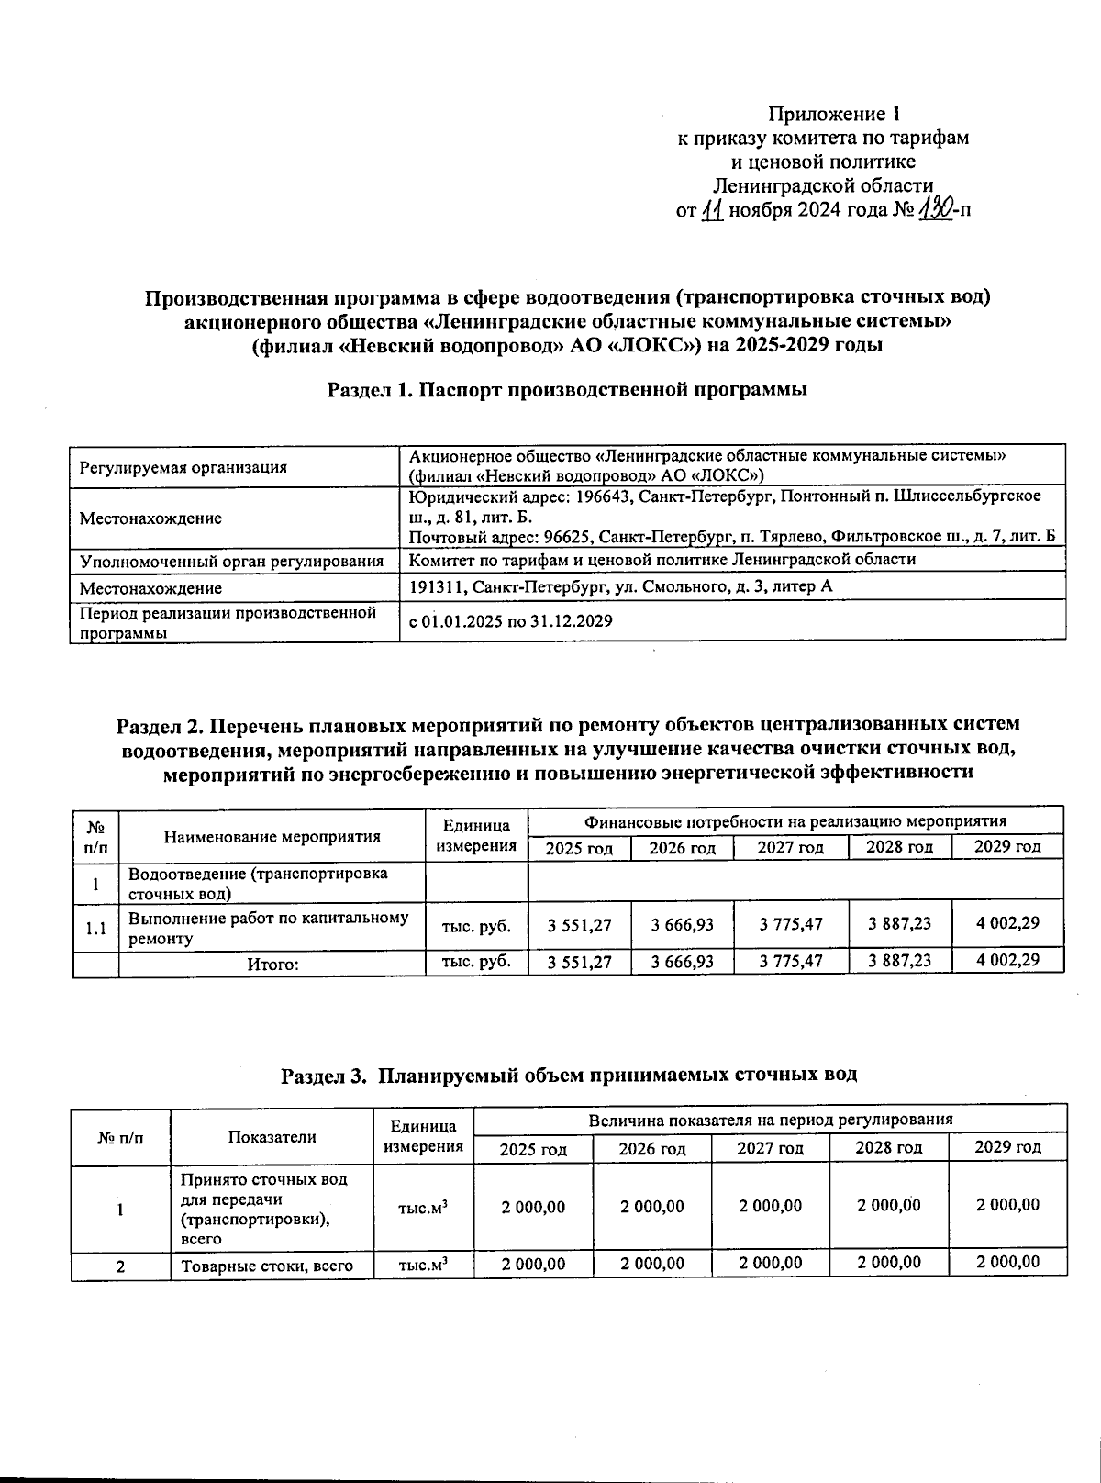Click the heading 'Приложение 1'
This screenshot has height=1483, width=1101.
point(834,115)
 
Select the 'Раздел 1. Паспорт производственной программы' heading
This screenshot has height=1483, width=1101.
point(567,389)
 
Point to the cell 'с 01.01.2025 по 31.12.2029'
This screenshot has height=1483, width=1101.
point(510,621)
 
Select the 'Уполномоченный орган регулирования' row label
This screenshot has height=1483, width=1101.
point(231,561)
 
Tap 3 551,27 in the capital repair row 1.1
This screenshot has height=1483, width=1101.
point(579,924)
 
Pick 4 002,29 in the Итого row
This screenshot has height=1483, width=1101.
point(1007,961)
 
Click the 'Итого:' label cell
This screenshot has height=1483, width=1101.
point(272,964)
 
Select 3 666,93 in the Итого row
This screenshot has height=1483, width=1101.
point(682,962)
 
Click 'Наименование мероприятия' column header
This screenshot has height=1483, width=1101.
point(272,836)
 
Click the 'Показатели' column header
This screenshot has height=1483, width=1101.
point(272,1136)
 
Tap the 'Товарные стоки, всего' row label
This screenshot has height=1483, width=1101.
point(267,1266)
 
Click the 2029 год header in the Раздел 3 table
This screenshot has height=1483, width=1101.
point(1007,1147)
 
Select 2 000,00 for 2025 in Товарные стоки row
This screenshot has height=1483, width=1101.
point(533,1264)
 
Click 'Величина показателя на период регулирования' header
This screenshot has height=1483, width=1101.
point(770,1120)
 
